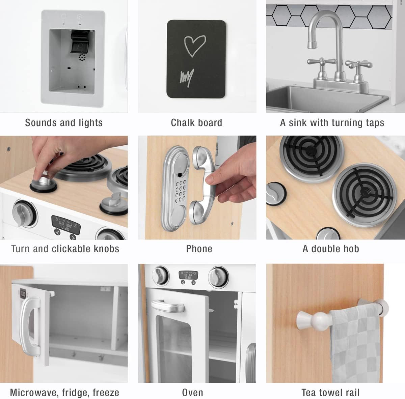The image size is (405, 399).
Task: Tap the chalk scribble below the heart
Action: (x=187, y=78)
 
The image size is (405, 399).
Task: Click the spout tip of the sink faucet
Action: (x=312, y=45)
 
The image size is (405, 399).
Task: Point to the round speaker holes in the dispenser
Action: (x=82, y=57)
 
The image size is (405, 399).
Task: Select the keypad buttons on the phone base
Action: (x=180, y=191)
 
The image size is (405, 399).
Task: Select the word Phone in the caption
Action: (x=199, y=249)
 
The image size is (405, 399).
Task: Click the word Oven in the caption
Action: (x=192, y=393)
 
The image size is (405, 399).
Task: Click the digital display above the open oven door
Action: (x=188, y=275)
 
